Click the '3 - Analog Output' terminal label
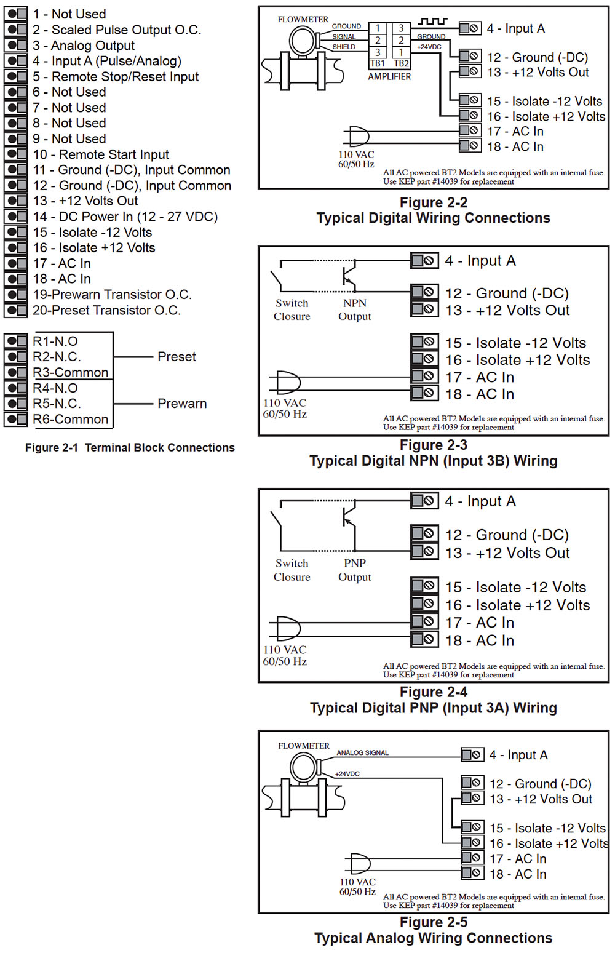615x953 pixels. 84,46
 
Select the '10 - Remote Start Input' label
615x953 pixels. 101,154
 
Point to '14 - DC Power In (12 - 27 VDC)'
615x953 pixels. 125,217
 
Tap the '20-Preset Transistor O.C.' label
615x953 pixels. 106,310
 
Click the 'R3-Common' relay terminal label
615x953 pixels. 70,372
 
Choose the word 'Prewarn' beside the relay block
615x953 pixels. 182,404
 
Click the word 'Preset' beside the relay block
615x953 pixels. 177,357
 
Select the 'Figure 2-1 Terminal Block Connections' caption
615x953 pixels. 130,448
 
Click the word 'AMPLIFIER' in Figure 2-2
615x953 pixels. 389,77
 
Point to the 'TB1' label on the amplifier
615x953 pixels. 378,63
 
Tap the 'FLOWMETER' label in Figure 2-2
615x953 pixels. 303,20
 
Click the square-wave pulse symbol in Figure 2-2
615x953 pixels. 432,22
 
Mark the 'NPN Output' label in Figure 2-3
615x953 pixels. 355,309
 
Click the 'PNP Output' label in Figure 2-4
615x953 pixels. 355,570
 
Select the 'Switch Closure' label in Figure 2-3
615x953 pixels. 292,309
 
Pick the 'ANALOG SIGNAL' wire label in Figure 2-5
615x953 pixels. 362,752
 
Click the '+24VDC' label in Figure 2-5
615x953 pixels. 347,774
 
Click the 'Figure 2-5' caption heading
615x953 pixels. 434,922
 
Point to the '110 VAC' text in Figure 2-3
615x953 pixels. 285,403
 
